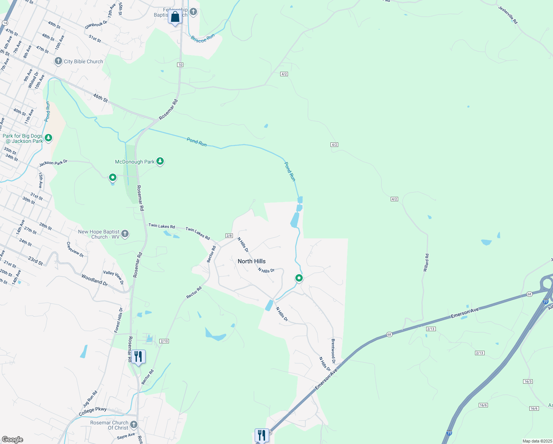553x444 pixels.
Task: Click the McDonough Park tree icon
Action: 160,161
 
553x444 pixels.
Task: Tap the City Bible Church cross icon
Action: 58,61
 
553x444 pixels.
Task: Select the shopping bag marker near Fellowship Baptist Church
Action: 175,17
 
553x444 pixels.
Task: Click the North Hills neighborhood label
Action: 251,261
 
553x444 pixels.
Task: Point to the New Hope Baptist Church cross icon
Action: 125,233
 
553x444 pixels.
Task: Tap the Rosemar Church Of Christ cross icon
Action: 134,425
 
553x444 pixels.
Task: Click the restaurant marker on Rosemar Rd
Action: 138,357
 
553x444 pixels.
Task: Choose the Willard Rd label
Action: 426,263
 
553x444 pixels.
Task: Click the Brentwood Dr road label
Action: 333,351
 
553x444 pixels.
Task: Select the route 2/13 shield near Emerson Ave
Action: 431,329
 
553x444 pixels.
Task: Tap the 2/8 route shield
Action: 229,236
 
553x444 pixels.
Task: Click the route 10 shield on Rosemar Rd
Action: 180,65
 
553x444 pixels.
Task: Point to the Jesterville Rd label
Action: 508,15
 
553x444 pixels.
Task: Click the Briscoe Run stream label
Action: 203,38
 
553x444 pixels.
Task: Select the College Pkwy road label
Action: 92,411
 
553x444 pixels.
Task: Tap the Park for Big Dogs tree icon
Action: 48,138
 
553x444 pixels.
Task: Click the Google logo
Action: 12,440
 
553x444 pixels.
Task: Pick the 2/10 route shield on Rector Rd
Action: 164,341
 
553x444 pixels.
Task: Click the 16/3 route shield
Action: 528,381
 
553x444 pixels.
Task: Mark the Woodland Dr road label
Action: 95,280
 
